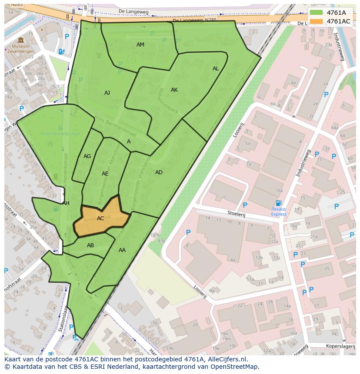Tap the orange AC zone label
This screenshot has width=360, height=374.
point(100,218)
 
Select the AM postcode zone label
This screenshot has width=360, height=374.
point(140,45)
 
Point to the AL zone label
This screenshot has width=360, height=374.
point(216,69)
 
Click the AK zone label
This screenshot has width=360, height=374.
point(174,90)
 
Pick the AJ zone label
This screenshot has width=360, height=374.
point(107,93)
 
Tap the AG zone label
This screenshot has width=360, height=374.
point(87,156)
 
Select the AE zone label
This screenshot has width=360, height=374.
point(105,174)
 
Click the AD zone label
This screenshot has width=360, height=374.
point(159,172)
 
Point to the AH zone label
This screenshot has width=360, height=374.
point(66,203)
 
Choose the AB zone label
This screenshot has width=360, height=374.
point(90,245)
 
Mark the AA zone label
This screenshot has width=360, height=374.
point(122,250)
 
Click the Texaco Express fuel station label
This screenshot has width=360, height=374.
point(279,212)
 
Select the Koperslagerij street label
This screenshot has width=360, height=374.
point(340,346)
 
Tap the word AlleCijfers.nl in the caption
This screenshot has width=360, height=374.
point(227,359)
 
